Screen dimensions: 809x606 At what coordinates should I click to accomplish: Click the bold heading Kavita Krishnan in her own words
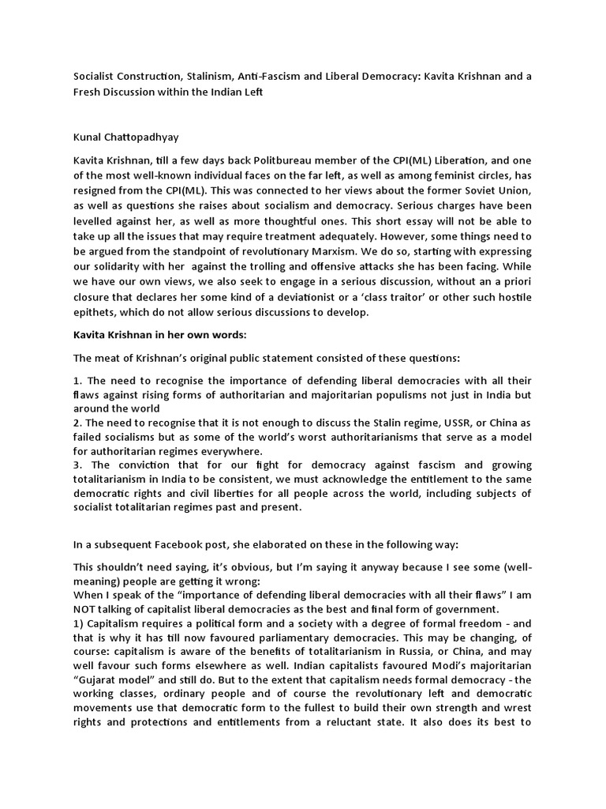click(148, 333)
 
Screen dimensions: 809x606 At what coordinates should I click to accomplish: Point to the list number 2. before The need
click(77, 423)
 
